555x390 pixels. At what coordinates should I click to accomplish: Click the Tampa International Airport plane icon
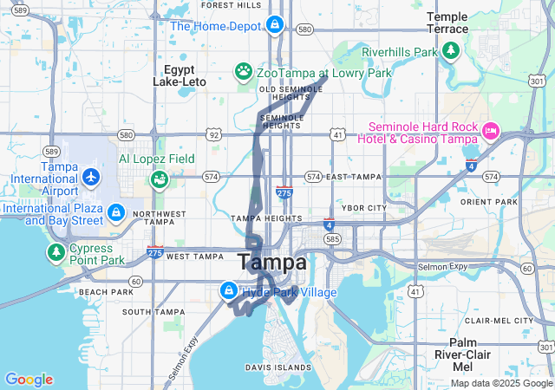[x=91, y=178]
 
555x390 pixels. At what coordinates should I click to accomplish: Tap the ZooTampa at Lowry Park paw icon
[x=245, y=70]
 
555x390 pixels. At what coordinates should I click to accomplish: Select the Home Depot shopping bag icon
[x=275, y=24]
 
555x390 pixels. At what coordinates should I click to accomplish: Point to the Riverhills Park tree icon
[x=451, y=52]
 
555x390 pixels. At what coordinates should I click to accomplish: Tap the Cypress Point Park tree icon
[x=56, y=252]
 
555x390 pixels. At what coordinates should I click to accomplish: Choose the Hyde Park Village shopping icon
[x=229, y=290]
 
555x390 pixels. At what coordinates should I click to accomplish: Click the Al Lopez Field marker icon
[x=159, y=179]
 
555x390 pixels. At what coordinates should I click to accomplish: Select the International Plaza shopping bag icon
[x=115, y=211]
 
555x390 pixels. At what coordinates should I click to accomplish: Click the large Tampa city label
[x=271, y=262]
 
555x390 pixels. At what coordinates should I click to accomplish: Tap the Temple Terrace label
[x=447, y=23]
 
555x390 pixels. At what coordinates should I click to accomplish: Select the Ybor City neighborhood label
[x=364, y=208]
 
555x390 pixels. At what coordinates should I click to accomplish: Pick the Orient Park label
[x=489, y=202]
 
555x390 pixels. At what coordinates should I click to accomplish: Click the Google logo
[x=29, y=380]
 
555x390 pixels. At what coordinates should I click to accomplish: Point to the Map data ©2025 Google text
[x=500, y=383]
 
